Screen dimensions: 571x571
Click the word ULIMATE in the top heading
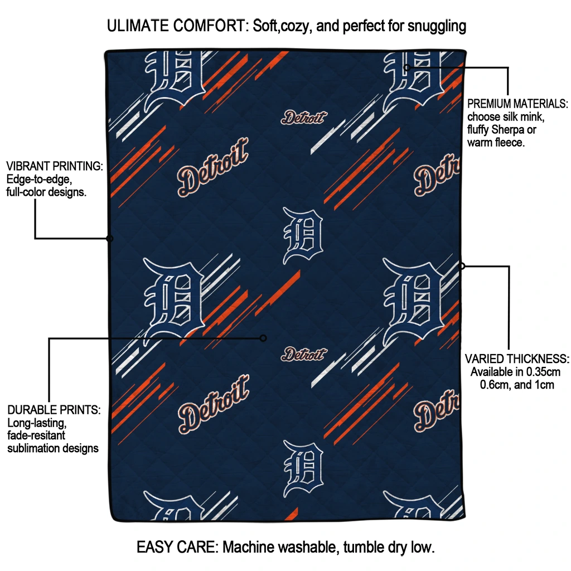pyautogui.click(x=138, y=26)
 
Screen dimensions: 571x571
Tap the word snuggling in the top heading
pyautogui.click(x=437, y=27)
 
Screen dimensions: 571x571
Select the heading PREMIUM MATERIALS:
pyautogui.click(x=517, y=104)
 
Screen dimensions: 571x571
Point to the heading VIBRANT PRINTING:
pyautogui.click(x=55, y=166)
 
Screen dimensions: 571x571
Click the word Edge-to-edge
pyautogui.click(x=39, y=179)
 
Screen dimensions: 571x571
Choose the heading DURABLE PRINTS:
pyautogui.click(x=54, y=410)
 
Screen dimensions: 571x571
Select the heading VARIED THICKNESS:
pyautogui.click(x=517, y=359)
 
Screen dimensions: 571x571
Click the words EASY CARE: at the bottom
pyautogui.click(x=177, y=547)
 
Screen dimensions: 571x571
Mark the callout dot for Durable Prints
pyautogui.click(x=263, y=338)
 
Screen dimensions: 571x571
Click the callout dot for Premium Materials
pyautogui.click(x=407, y=67)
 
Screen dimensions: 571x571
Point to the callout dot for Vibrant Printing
pyautogui.click(x=110, y=239)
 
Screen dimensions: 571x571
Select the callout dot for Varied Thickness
pyautogui.click(x=462, y=266)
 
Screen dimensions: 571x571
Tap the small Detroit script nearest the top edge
pyautogui.click(x=304, y=117)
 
